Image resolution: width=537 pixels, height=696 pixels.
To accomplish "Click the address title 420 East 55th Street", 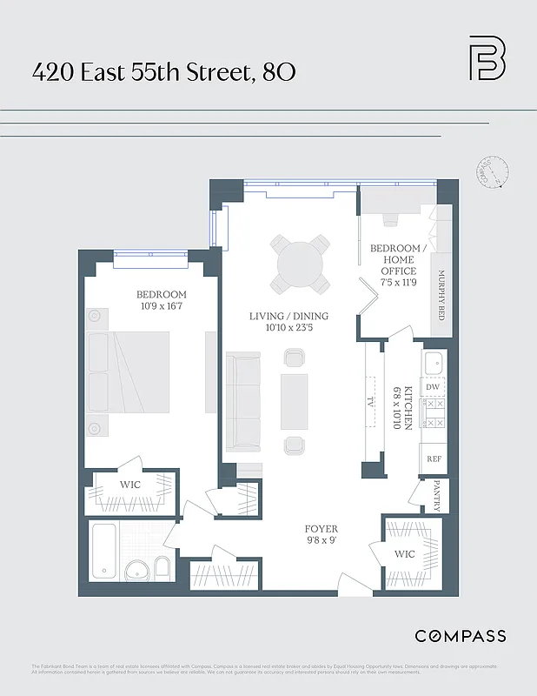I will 163,72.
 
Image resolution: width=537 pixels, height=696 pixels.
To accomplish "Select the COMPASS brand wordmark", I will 460,636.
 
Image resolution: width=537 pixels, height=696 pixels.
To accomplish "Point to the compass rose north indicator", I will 489,172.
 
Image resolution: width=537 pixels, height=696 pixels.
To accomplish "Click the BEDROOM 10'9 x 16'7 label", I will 161,300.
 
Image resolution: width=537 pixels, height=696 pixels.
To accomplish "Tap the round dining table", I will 300,264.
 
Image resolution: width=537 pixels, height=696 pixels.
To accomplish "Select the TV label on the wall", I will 370,402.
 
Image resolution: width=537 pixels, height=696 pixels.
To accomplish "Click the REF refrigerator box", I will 433,458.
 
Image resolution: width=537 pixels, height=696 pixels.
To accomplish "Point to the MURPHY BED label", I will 441,296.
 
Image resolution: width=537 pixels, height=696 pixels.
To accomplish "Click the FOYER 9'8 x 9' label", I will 321,534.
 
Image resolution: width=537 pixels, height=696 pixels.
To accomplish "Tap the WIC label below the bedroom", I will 129,485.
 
